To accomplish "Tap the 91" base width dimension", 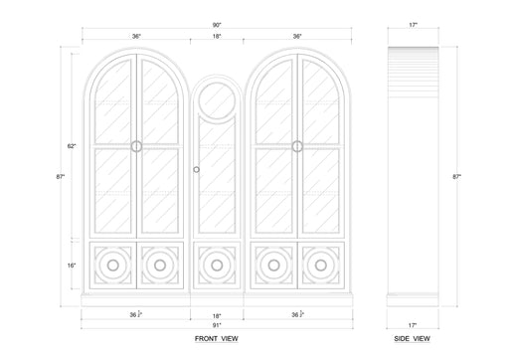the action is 216,325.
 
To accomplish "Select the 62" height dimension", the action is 73,146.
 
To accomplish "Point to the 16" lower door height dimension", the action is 73,266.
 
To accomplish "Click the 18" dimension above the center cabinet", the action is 216,37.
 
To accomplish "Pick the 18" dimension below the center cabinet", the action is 216,315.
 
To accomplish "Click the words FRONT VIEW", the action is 216,339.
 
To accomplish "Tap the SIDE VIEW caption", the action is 412,339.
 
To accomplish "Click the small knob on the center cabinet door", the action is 199,165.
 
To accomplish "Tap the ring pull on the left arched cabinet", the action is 136,146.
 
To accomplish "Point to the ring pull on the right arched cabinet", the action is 296,146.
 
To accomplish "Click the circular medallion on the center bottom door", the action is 216,266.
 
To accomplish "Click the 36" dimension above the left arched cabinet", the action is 136,37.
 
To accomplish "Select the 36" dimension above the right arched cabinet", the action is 296,37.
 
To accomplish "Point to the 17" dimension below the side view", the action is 412,325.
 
